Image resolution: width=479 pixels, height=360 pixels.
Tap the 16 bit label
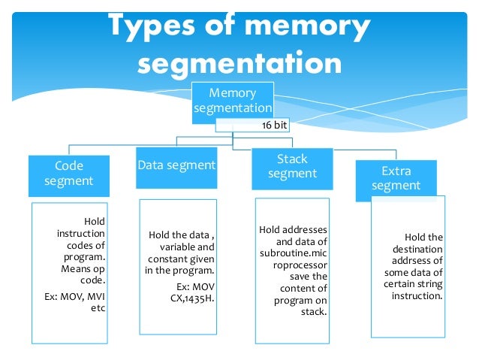pyautogui.click(x=274, y=126)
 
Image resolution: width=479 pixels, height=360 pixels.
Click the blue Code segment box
pyautogui.click(x=69, y=173)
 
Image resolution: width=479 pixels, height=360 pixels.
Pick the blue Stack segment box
pyautogui.click(x=292, y=166)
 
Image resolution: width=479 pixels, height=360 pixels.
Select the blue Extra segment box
pyautogui.click(x=396, y=178)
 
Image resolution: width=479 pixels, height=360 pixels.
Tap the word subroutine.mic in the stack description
pyautogui.click(x=293, y=253)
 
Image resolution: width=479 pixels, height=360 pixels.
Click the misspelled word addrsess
pyautogui.click(x=418, y=260)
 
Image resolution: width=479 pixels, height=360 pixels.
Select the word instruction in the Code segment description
pyautogui.click(x=80, y=234)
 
